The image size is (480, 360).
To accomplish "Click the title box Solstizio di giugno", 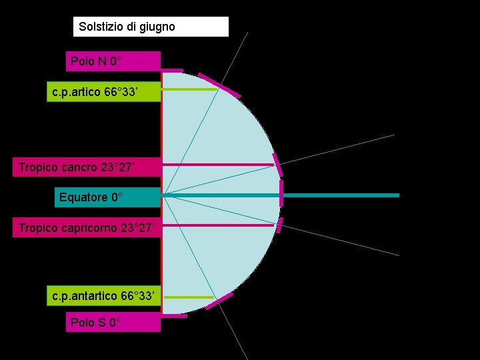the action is pyautogui.click(x=151, y=27).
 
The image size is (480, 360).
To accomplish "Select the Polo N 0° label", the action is pyautogui.click(x=113, y=61).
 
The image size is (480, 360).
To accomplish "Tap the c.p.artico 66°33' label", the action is pyautogui.click(x=104, y=91).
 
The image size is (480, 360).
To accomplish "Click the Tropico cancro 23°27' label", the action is pyautogui.click(x=87, y=167).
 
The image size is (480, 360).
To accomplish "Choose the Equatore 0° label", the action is pyautogui.click(x=107, y=197).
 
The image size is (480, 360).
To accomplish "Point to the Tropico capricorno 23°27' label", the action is pyautogui.click(x=87, y=229).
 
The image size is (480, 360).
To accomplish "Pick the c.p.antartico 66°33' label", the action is pyautogui.click(x=104, y=295).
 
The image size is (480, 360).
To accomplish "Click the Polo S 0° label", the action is pyautogui.click(x=113, y=322).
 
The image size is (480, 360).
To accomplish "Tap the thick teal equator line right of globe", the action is pyautogui.click(x=340, y=195).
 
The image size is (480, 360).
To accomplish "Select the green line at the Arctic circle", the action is pyautogui.click(x=190, y=89).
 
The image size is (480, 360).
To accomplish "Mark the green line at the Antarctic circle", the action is pyautogui.click(x=188, y=297).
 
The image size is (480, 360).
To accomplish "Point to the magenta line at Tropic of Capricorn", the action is pyautogui.click(x=217, y=225).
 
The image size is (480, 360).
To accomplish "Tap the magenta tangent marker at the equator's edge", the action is pyautogui.click(x=281, y=193).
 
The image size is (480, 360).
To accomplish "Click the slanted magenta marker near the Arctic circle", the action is pyautogui.click(x=219, y=84).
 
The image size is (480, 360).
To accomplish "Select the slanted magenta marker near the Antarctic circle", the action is pyautogui.click(x=219, y=301).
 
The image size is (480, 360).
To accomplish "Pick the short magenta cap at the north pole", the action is pyautogui.click(x=172, y=70).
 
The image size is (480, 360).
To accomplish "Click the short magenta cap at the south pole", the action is pyautogui.click(x=174, y=315).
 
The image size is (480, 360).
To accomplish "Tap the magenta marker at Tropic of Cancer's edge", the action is pyautogui.click(x=277, y=159).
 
